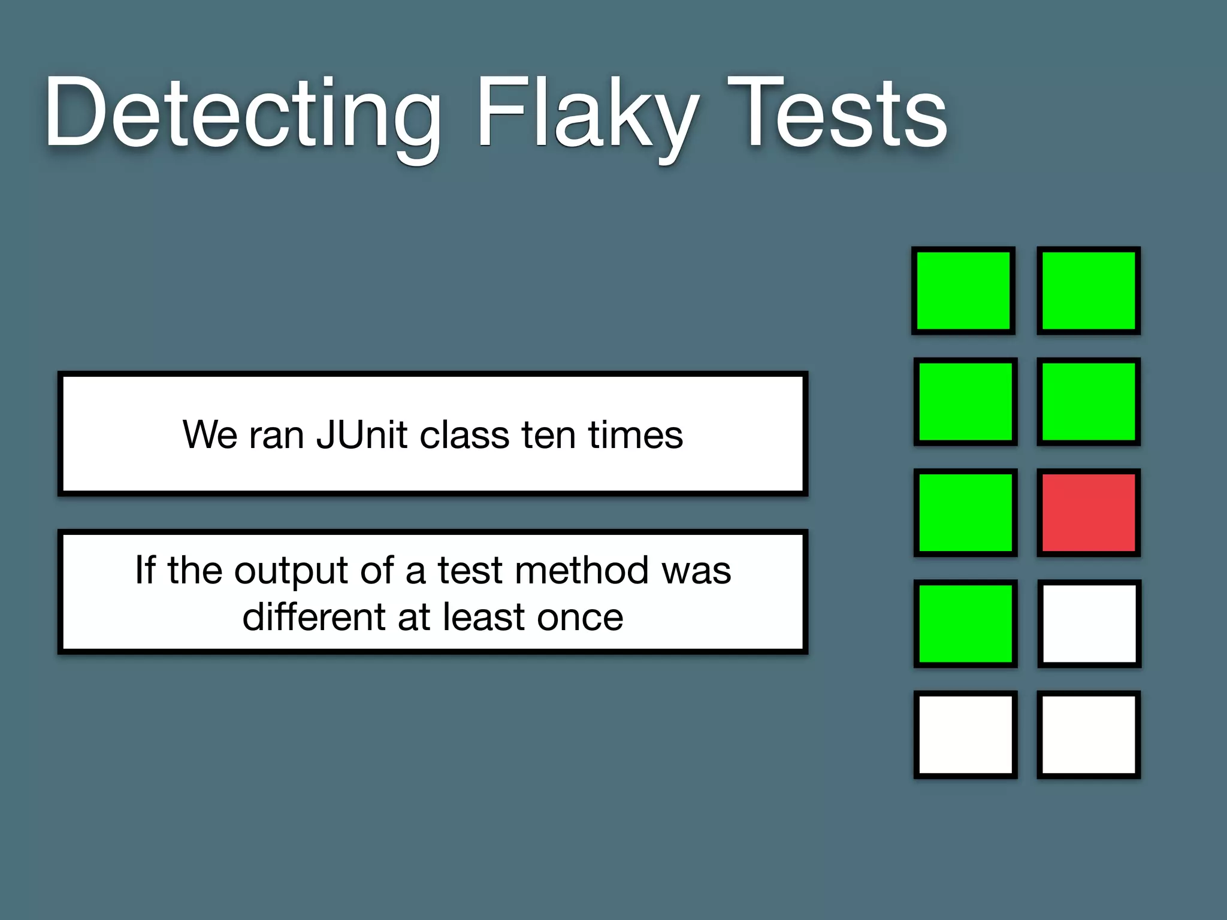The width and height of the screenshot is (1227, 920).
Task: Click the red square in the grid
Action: pos(1089,513)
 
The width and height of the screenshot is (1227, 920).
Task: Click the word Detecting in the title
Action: pos(243,114)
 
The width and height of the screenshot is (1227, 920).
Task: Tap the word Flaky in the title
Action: pos(587,114)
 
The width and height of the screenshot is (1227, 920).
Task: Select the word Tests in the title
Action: pos(837,114)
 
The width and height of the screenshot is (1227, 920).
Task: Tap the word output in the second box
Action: pos(291,570)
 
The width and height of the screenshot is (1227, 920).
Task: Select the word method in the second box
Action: pos(582,570)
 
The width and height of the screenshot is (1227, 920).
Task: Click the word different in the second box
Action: pos(314,617)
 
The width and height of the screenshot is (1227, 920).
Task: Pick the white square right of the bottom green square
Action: pos(1089,624)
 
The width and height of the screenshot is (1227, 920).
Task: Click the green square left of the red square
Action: pos(965,513)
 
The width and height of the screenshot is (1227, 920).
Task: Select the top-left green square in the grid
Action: pos(963,290)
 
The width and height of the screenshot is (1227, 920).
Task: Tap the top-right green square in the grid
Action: pos(1089,290)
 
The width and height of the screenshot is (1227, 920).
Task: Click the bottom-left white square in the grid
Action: pos(965,734)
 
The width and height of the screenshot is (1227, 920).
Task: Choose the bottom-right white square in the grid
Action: pos(1089,734)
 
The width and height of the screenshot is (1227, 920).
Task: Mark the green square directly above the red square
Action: pos(1089,401)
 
